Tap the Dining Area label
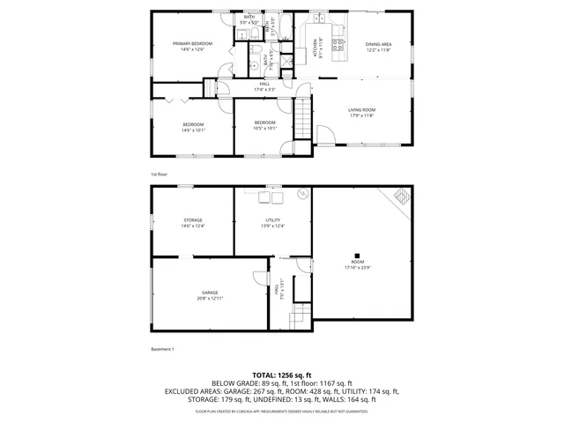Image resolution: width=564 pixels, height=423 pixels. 378,47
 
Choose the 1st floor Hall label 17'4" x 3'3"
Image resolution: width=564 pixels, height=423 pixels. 264,86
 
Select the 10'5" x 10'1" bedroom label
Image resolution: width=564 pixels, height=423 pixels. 264,125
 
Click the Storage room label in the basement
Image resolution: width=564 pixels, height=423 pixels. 193,223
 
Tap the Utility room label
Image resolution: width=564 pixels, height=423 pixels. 272,223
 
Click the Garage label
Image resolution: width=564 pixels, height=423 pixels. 209,295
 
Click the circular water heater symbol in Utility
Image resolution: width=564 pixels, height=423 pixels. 301,193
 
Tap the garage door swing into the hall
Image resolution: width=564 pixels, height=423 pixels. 261,278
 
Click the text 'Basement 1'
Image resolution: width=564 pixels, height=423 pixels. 162,350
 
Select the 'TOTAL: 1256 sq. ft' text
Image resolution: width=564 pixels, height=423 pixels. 281,375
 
